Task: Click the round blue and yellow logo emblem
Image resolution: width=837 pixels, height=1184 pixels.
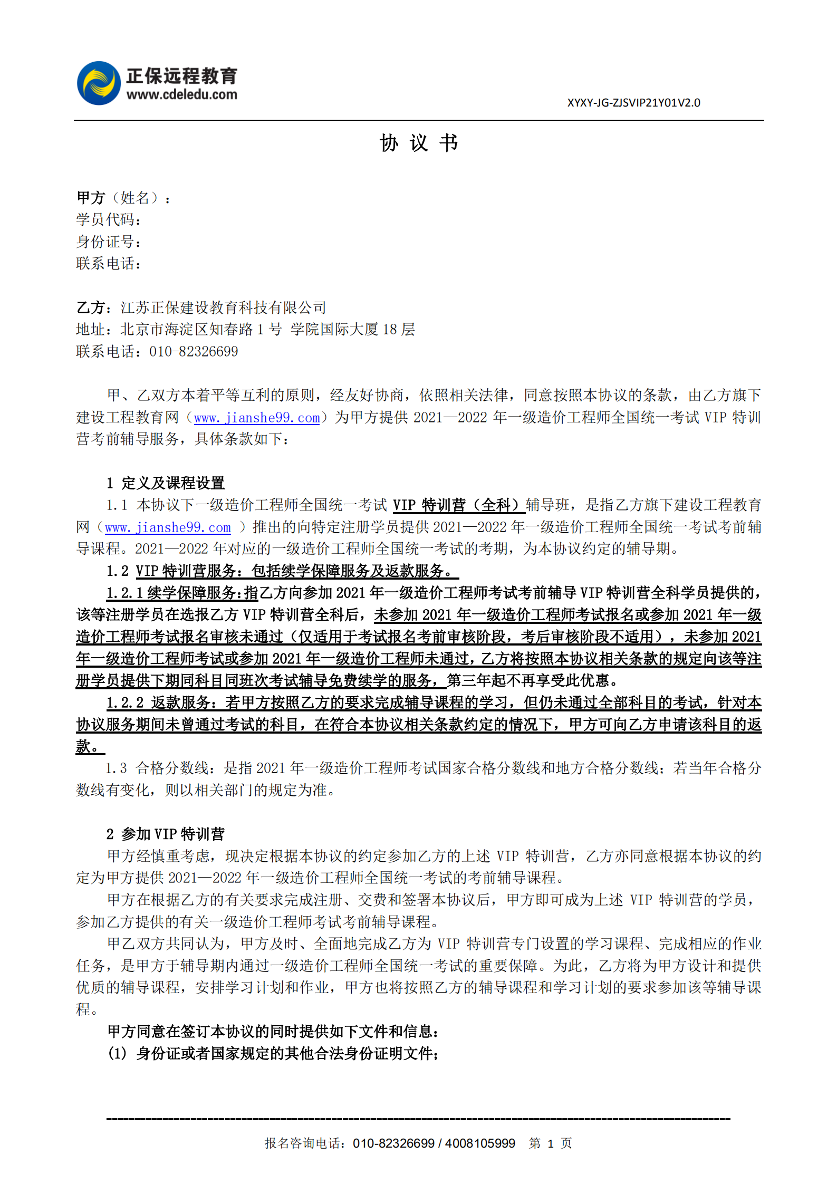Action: pyautogui.click(x=99, y=83)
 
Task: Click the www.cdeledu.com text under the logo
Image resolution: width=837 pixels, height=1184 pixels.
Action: pyautogui.click(x=181, y=95)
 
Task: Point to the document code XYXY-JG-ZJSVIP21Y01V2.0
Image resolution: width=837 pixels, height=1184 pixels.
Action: pyautogui.click(x=633, y=103)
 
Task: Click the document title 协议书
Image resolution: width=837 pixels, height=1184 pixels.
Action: pyautogui.click(x=419, y=143)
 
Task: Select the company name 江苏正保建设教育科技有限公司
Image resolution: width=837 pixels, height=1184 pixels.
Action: pyautogui.click(x=223, y=307)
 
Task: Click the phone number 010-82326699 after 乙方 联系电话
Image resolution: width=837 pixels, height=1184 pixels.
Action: pyautogui.click(x=194, y=352)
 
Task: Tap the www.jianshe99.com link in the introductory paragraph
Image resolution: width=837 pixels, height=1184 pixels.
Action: pyautogui.click(x=257, y=418)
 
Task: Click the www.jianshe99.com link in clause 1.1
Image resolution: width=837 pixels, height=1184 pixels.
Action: pyautogui.click(x=168, y=528)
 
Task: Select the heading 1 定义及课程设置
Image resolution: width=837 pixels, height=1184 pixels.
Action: pyautogui.click(x=166, y=483)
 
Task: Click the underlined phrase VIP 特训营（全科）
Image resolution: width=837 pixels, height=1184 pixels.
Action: pyautogui.click(x=458, y=505)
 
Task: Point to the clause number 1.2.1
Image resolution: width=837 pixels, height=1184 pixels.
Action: pyautogui.click(x=124, y=593)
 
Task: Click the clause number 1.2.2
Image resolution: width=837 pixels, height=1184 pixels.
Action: pyautogui.click(x=125, y=703)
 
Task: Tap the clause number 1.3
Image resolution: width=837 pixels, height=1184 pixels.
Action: pyautogui.click(x=116, y=768)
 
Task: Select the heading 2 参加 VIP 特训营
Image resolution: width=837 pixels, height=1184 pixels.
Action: pyautogui.click(x=166, y=834)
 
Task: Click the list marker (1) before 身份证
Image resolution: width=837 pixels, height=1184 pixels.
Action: pyautogui.click(x=117, y=1054)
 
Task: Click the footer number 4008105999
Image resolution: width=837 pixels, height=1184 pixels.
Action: pyautogui.click(x=480, y=1143)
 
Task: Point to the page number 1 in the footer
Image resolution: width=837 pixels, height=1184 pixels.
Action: pyautogui.click(x=550, y=1144)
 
